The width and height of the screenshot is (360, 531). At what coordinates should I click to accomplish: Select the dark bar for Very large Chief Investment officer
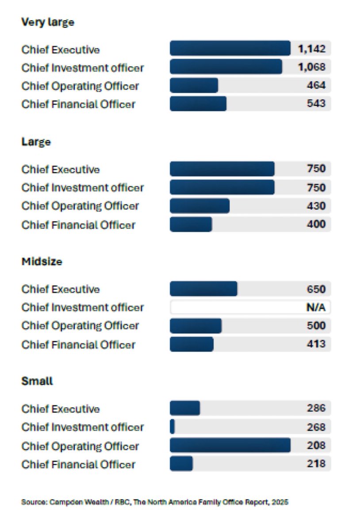pos(226,67)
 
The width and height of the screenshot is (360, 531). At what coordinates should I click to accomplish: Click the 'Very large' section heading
pos(48,22)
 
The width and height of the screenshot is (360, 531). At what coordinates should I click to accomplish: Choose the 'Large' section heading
pos(36,142)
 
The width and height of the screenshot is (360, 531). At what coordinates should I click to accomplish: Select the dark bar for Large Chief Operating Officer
pos(199,206)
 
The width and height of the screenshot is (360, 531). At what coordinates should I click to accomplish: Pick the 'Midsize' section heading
pos(42,262)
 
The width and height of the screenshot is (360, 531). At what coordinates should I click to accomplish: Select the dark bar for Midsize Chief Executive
pos(203,289)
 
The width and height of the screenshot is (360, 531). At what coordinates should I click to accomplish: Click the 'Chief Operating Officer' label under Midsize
pos(80,326)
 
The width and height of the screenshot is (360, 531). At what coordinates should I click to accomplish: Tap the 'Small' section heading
pos(37,381)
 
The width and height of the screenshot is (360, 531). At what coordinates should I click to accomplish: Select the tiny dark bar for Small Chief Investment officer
pos(172,427)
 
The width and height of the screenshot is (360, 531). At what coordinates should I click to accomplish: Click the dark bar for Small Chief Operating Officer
pos(230,446)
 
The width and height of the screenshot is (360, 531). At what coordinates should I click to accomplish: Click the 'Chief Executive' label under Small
pos(61,409)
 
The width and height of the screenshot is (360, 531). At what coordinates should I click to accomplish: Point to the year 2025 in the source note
pos(282,502)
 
